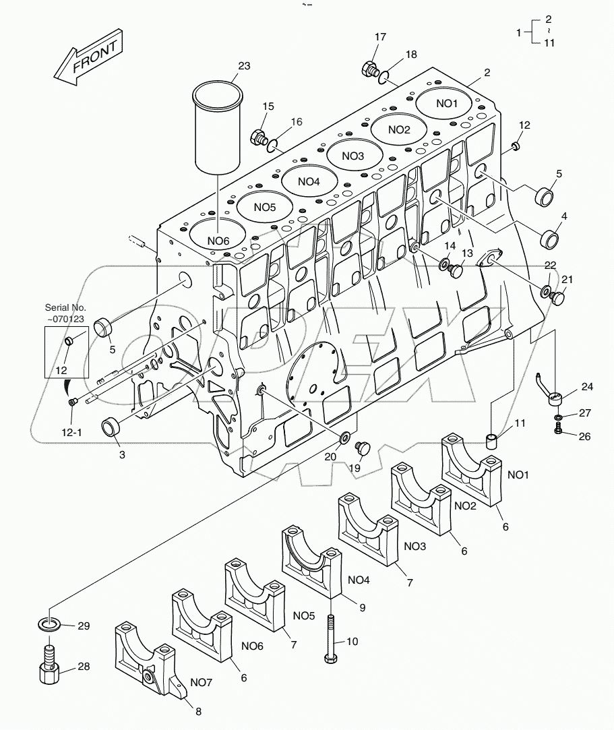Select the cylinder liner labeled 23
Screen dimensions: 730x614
[218, 128]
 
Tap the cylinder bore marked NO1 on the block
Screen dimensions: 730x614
[446, 103]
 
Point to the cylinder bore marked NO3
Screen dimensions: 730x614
[352, 156]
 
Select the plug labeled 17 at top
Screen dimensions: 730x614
[369, 68]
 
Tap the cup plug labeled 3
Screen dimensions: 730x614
[111, 427]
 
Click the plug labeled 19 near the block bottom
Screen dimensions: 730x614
[364, 448]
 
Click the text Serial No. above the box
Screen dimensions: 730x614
[65, 308]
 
